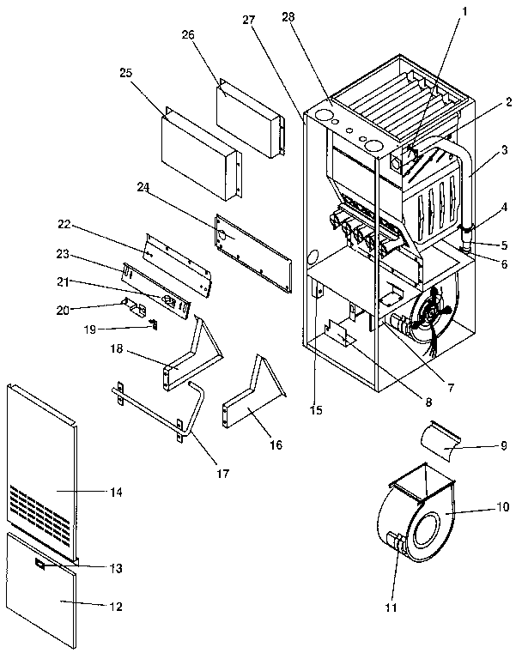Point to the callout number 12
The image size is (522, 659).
tap(115, 606)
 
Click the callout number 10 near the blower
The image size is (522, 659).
tap(501, 507)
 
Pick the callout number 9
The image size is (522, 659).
tap(503, 445)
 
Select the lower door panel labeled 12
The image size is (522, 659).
tap(43, 592)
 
